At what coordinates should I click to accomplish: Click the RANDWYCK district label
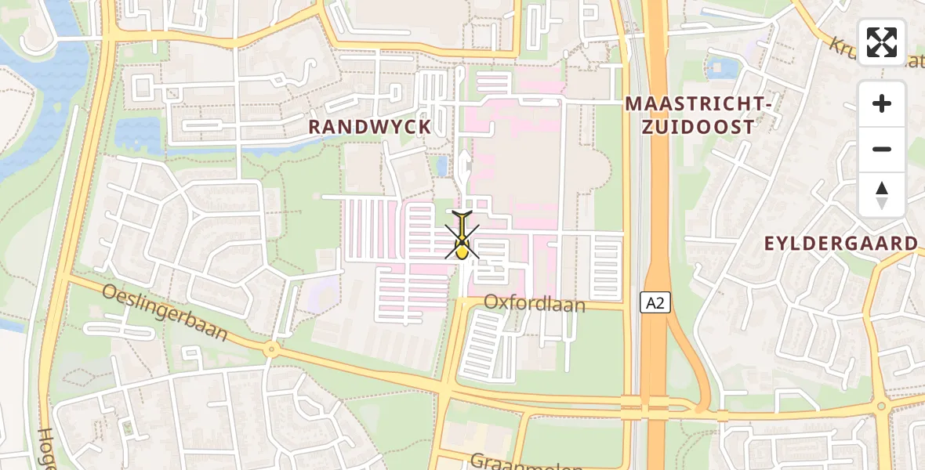tap(370, 127)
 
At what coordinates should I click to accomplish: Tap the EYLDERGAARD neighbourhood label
tap(841, 244)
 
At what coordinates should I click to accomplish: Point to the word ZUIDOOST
tap(700, 127)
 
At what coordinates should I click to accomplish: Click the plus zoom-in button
tap(882, 104)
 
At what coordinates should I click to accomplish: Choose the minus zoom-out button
tap(882, 149)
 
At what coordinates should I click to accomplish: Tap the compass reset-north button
tap(882, 194)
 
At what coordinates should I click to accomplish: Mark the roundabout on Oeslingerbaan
tap(272, 349)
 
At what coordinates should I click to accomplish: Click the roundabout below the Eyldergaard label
tap(881, 406)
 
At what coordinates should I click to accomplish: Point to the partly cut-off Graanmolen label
tap(515, 461)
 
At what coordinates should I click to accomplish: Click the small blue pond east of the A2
tap(723, 68)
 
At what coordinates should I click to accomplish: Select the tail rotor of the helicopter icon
tap(463, 214)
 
